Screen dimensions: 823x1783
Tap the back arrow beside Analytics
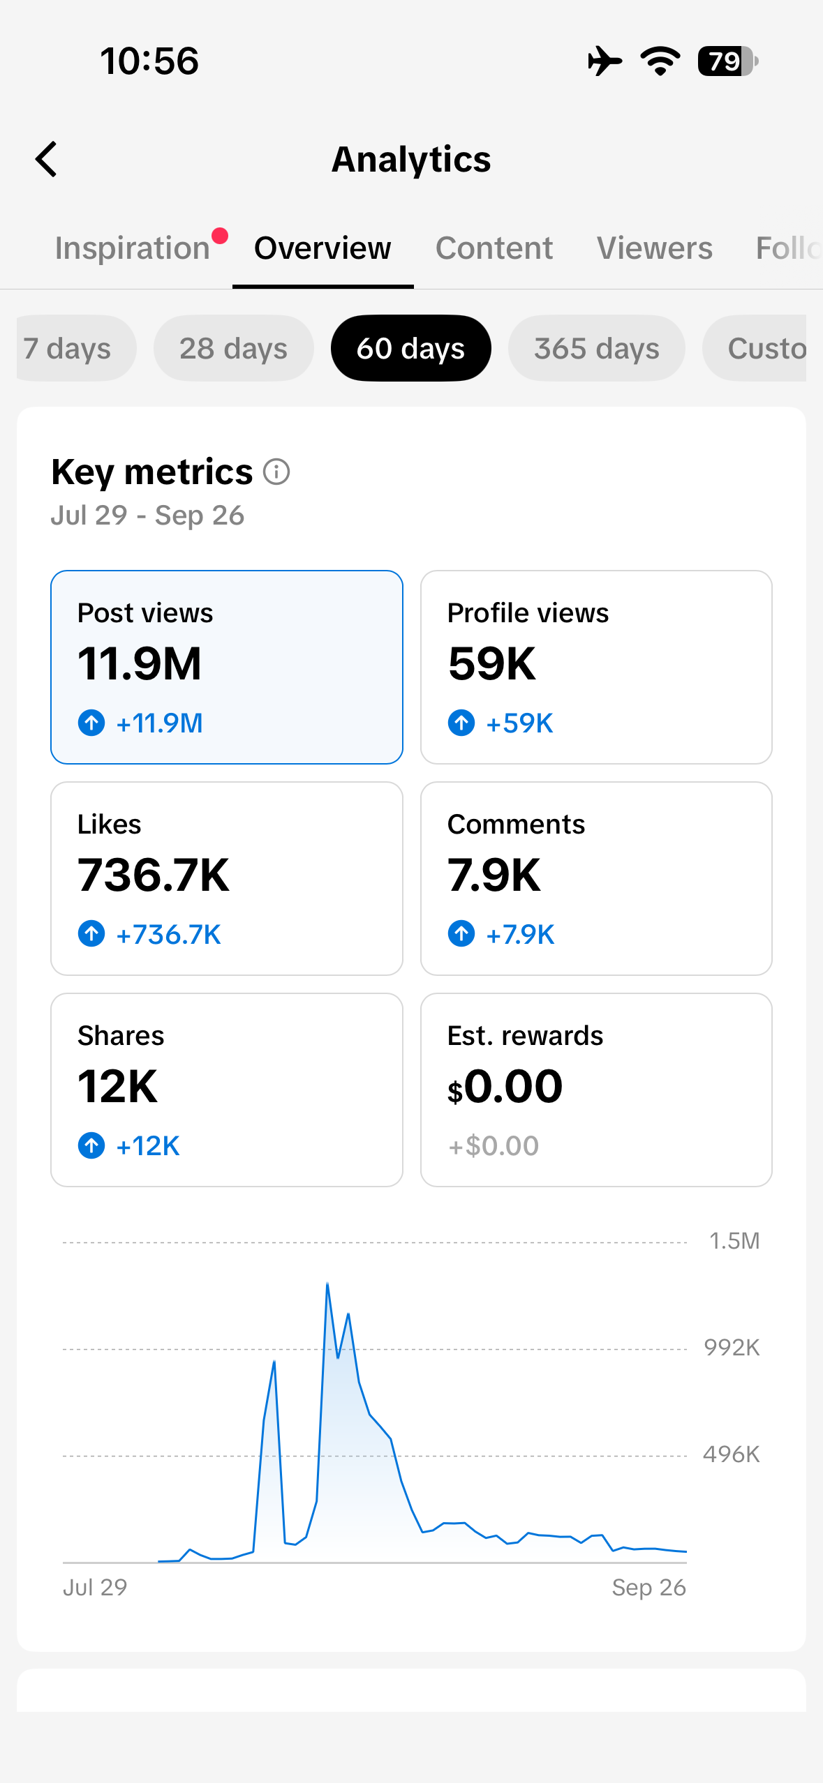46,159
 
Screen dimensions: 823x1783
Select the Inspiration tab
133,248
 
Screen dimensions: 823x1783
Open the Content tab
494,248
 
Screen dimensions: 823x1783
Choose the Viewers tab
655,248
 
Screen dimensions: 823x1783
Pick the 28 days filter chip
233,348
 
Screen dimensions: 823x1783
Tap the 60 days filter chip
410,348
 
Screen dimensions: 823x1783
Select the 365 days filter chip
596,348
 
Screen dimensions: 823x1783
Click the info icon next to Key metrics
276,472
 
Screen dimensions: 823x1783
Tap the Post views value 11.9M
140,663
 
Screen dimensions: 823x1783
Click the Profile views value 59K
492,663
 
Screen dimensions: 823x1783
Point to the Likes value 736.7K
154,875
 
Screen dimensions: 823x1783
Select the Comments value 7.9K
494,875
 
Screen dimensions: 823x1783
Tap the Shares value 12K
117,1086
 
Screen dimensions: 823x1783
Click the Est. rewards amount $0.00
505,1086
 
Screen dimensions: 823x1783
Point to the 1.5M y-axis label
734,1241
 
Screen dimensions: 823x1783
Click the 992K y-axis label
732,1348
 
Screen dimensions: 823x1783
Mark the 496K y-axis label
732,1454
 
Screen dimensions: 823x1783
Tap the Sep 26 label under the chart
649,1588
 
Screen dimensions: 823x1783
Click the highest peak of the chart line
327,1283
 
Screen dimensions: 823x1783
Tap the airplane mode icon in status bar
605,61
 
